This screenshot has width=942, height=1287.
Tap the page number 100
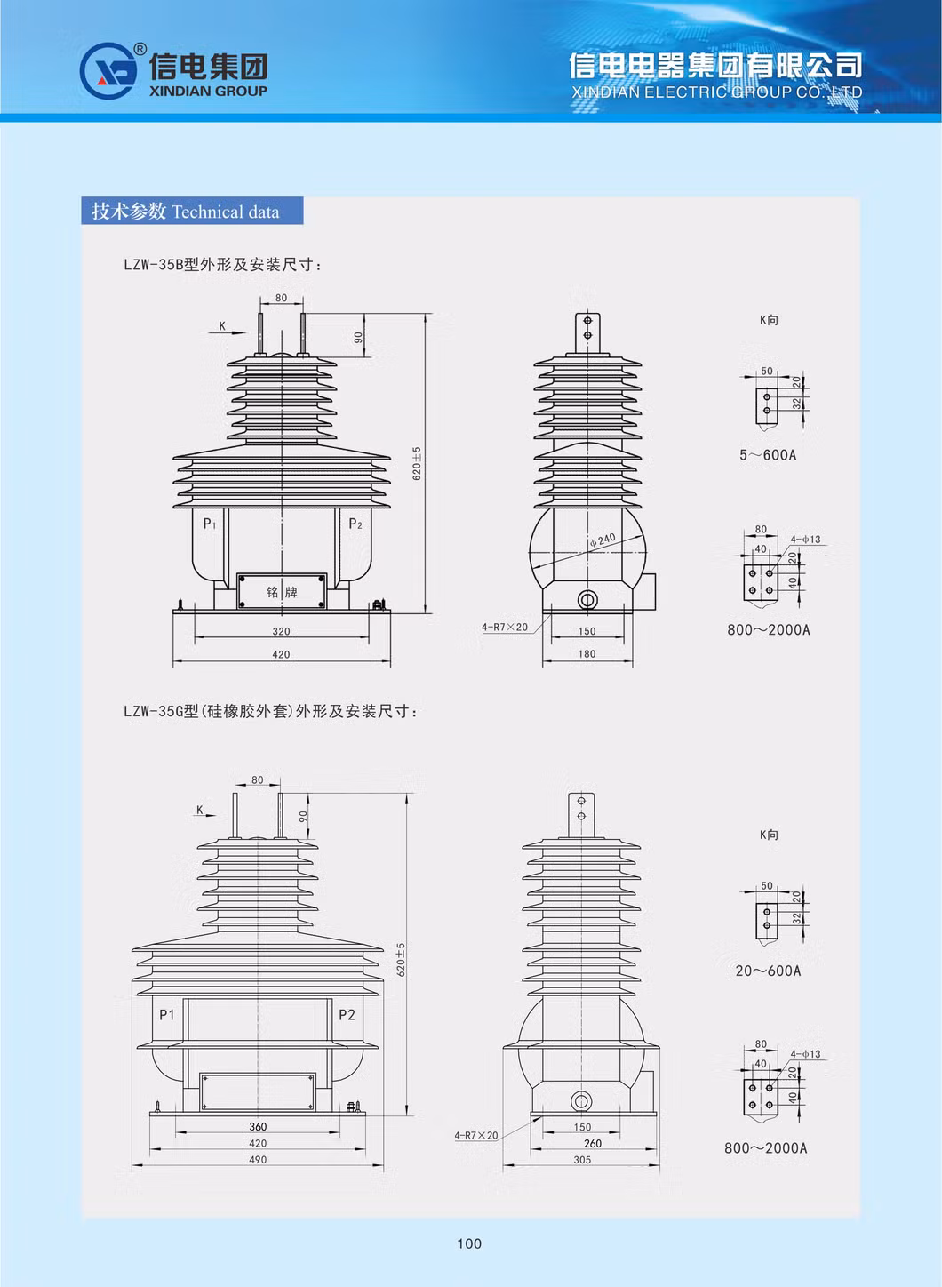click(469, 1243)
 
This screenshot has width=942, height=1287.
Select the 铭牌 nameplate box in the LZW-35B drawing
click(282, 591)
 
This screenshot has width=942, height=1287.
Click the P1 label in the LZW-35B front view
click(210, 524)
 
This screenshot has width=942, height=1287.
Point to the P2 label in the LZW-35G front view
click(347, 1014)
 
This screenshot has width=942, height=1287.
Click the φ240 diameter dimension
click(602, 540)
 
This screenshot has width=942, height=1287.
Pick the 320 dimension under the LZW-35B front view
click(281, 631)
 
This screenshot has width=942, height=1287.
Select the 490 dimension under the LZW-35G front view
click(258, 1159)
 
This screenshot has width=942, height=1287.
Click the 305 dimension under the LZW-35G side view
click(582, 1159)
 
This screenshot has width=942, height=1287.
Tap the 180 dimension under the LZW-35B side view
click(587, 653)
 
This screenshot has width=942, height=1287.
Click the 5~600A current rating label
click(768, 455)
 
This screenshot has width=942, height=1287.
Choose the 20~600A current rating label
click(768, 971)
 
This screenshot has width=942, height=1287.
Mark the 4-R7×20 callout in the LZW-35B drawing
click(505, 627)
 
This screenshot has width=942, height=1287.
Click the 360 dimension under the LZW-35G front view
click(258, 1126)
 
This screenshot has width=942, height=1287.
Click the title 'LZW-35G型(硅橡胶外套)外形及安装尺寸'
click(270, 711)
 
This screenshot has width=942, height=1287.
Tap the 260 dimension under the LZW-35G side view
click(592, 1143)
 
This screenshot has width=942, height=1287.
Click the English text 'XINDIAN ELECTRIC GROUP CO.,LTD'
click(716, 92)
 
